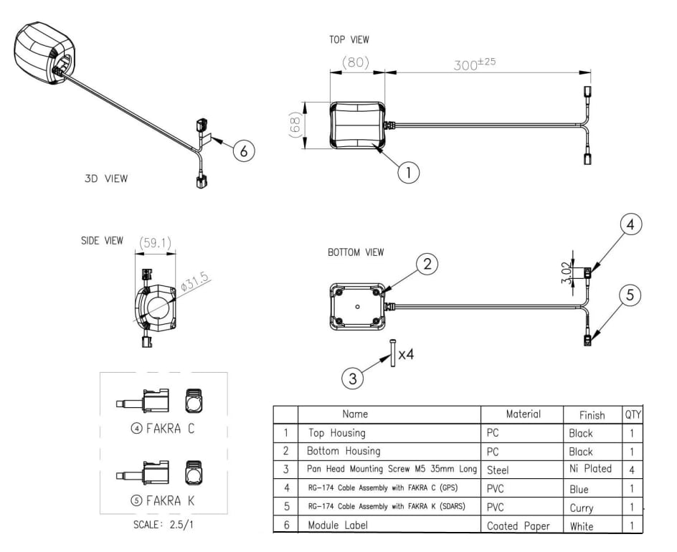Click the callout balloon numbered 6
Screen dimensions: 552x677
pos(244,151)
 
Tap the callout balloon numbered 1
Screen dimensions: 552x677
pos(408,172)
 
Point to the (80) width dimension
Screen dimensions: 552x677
pos(355,62)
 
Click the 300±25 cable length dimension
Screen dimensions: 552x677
pos(475,64)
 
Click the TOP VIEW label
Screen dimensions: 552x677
pos(349,40)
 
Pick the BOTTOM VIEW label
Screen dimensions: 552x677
pos(356,252)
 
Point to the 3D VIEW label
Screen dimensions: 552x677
pos(106,179)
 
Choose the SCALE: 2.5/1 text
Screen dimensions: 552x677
pos(164,524)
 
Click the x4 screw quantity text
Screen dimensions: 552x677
pos(406,354)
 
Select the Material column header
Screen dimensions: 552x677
pos(523,414)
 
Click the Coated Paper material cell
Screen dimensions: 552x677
pos(518,525)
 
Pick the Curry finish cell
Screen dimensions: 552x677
pos(581,508)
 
